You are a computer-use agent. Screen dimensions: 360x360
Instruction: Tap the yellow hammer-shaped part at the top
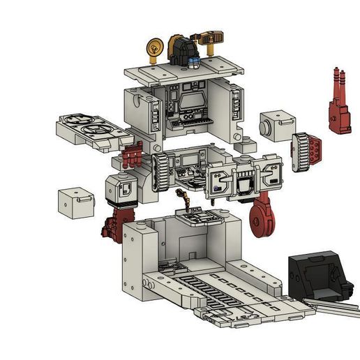point(209,36)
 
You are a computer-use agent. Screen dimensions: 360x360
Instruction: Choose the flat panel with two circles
point(90,129)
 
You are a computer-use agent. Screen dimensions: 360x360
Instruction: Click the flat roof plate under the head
point(185,73)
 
